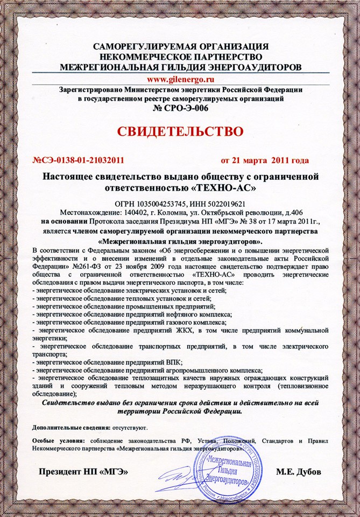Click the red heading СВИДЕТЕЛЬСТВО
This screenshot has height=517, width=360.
pyautogui.click(x=180, y=131)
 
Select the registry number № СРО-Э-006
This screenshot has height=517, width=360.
pyautogui.click(x=180, y=108)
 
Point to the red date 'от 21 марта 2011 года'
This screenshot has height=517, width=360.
pyautogui.click(x=265, y=160)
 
